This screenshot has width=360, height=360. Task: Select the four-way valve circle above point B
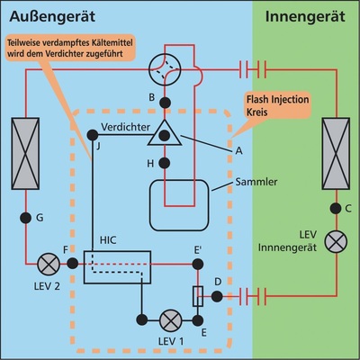(165, 67)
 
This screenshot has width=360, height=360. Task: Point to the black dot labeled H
(165, 162)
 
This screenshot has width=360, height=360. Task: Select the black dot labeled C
(336, 208)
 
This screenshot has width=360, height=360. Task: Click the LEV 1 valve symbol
(167, 319)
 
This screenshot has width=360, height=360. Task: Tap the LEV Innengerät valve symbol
(336, 241)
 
